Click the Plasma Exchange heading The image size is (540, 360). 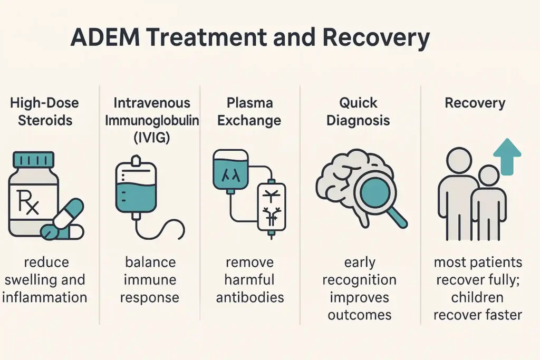pos(250,111)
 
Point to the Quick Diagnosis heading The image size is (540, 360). pos(358,111)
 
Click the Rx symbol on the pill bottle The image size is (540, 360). pos(27,203)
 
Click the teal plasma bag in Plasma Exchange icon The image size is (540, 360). pos(230,170)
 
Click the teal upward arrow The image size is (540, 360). pos(506,156)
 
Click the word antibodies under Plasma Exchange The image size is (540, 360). pos(250,297)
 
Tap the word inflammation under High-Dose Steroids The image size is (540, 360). pos(44,297)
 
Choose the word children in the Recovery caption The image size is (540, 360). pos(478,297)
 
